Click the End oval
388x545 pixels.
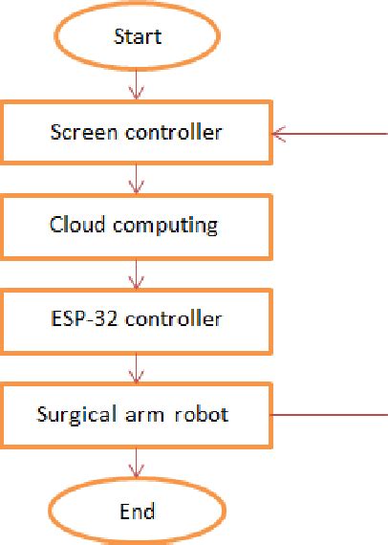(138, 511)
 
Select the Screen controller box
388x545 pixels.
(137, 132)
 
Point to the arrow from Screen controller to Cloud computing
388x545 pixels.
(138, 179)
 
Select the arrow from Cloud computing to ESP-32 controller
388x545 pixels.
(138, 273)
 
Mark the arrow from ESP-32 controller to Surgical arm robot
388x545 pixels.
(138, 368)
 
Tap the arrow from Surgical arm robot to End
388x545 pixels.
(138, 463)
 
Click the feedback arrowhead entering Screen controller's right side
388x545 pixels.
(281, 134)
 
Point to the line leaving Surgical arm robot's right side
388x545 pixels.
(330, 415)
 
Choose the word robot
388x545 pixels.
(205, 415)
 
